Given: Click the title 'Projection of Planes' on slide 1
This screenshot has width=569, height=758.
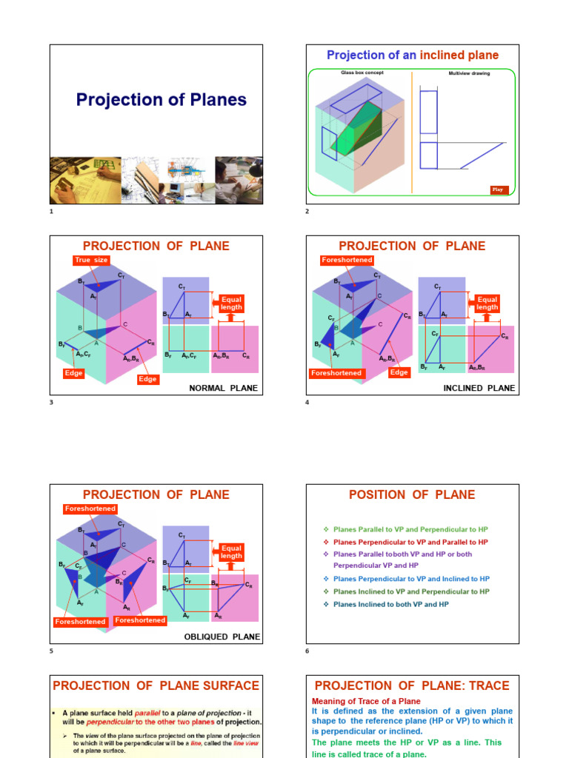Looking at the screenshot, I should tap(162, 100).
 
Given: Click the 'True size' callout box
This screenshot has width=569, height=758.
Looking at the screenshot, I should tap(91, 260).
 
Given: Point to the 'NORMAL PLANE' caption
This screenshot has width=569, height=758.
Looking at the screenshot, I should tap(223, 388).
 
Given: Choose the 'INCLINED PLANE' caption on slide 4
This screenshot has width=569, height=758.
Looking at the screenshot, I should tap(479, 388).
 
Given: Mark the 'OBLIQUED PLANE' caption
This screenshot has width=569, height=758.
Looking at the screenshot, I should tap(222, 637).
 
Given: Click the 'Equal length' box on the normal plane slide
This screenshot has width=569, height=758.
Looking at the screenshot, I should tap(231, 303).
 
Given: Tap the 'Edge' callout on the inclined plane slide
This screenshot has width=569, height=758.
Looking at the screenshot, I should tap(399, 372).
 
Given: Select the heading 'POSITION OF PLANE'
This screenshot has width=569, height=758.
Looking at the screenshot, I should tap(412, 494).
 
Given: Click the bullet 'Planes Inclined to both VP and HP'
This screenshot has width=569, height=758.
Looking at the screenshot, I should tap(391, 604).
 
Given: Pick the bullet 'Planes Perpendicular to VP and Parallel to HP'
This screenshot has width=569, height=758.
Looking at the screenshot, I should tap(410, 542).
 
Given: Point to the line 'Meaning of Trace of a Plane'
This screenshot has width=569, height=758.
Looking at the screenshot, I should tap(366, 701).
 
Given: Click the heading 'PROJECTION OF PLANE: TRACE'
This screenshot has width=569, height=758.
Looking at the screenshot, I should tap(412, 685).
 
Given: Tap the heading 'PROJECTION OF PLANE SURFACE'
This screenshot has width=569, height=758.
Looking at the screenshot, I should tap(156, 685).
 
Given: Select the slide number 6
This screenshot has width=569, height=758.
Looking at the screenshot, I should tap(307, 651).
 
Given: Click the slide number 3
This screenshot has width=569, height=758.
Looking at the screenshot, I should tap(52, 403).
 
